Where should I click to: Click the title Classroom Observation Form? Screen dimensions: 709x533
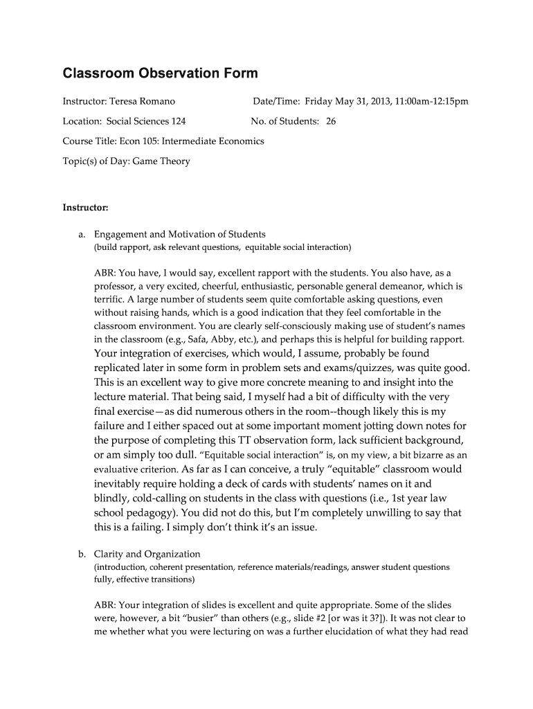(x=160, y=73)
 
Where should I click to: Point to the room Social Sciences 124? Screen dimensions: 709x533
(x=146, y=121)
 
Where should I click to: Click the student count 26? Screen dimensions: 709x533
(x=331, y=121)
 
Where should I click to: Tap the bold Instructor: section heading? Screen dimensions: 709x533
(x=86, y=207)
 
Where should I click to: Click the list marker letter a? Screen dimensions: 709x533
(x=82, y=234)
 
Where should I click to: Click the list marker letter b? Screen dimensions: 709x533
(x=82, y=554)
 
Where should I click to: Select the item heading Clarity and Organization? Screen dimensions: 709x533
(x=147, y=554)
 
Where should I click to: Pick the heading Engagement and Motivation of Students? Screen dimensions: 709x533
(x=180, y=234)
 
